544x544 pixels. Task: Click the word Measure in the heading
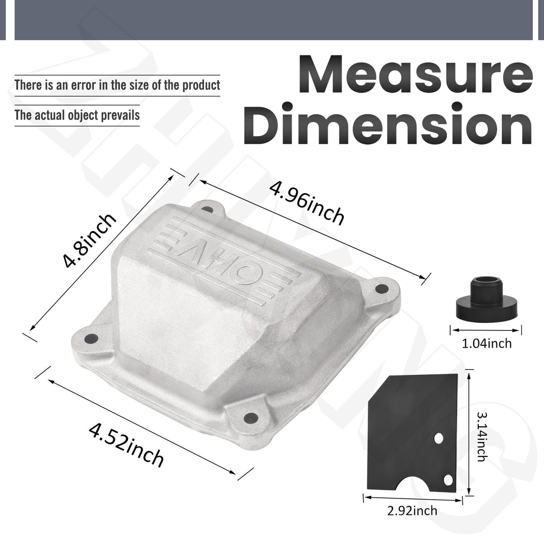click(416, 74)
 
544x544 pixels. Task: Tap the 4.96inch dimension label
click(307, 203)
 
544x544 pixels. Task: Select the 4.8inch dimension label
click(89, 241)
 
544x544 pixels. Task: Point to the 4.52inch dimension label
click(126, 449)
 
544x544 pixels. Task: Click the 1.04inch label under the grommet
click(487, 344)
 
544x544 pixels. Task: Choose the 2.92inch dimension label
click(412, 511)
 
